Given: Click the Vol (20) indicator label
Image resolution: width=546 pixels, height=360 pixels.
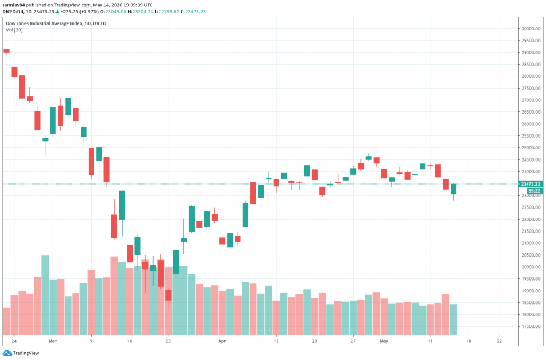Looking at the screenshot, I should click(14, 30).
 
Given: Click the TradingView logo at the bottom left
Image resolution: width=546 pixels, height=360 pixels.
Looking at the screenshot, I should click(16, 353).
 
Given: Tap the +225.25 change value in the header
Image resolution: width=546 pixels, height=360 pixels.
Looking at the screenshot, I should click(67, 11).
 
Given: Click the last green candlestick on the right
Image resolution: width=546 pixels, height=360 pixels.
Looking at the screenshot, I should click(454, 189).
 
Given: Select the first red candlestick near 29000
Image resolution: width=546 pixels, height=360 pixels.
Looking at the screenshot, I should click(6, 51).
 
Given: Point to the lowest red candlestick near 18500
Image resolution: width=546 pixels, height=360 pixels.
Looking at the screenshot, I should click(168, 295).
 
